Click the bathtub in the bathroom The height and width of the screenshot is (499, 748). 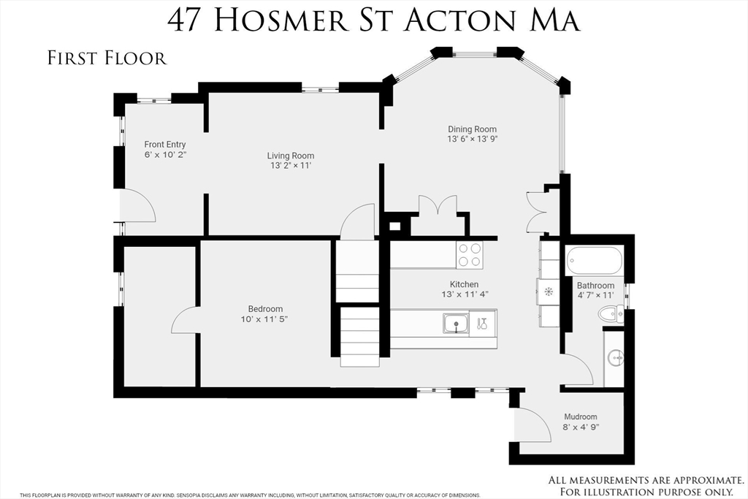click(594, 259)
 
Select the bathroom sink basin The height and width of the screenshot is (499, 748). click(616, 357)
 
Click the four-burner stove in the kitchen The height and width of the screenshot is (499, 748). click(470, 254)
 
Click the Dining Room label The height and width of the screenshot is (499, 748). click(472, 129)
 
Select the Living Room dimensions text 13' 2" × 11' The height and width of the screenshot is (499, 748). click(291, 166)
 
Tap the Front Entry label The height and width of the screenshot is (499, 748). click(165, 145)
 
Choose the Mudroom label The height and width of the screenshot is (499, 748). click(580, 417)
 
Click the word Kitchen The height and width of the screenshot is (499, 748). click(464, 284)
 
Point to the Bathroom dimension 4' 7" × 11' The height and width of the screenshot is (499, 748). click(595, 295)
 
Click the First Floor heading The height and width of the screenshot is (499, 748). click(107, 58)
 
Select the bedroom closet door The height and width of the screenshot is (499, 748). click(183, 320)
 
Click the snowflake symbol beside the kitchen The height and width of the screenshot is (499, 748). click(548, 291)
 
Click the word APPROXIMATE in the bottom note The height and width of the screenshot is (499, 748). click(695, 480)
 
